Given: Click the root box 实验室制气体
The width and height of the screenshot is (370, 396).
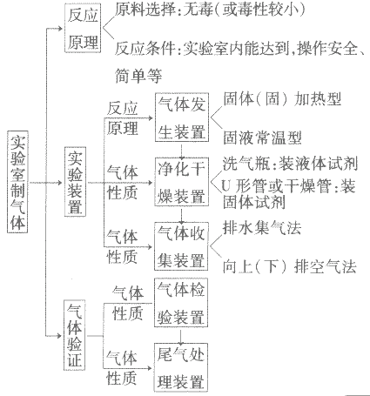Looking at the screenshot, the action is click(x=17, y=182).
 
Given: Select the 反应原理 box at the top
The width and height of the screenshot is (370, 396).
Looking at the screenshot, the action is click(x=83, y=28).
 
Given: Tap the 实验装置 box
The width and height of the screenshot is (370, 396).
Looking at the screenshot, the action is click(x=75, y=182).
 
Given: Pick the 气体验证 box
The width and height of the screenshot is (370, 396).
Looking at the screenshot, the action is click(x=74, y=335).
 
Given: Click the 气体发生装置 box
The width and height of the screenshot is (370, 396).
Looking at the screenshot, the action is click(x=182, y=117).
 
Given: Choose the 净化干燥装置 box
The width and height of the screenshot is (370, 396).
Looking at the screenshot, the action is click(x=182, y=182).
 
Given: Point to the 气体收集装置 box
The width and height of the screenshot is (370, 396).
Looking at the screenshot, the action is click(x=181, y=246).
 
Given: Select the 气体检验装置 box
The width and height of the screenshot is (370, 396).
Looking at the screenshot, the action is click(x=181, y=302).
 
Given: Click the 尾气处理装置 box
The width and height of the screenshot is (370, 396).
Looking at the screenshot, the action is click(x=181, y=367).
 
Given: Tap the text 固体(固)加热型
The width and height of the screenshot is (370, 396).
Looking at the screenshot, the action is click(x=282, y=99).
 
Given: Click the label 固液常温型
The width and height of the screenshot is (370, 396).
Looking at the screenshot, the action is click(x=262, y=138).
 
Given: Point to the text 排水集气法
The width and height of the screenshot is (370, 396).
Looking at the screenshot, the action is click(x=262, y=227).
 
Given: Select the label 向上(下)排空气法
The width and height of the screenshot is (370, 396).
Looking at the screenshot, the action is click(x=289, y=266).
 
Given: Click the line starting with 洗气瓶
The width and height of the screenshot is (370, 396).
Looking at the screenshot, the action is click(x=290, y=164).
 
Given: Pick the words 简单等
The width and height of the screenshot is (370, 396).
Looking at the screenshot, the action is click(x=138, y=76).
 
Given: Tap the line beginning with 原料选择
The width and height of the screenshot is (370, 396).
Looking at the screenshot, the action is click(x=210, y=10).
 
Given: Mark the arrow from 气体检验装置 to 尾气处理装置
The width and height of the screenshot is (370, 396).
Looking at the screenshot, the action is click(x=181, y=335).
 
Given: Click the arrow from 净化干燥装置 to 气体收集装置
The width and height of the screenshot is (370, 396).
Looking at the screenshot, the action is click(x=181, y=214).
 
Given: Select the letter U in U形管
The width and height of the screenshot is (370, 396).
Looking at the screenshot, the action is click(x=226, y=186).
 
